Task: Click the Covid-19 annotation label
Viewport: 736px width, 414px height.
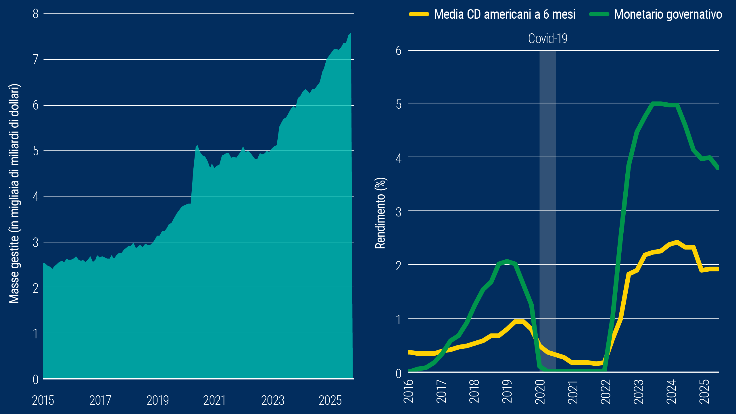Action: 547,39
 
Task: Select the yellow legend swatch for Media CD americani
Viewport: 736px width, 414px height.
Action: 419,14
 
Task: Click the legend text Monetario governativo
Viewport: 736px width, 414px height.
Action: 668,14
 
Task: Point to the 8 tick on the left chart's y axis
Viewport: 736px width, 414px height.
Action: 36,14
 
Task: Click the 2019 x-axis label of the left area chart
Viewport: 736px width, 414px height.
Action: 157,400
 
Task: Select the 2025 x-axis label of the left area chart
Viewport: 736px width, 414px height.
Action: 330,400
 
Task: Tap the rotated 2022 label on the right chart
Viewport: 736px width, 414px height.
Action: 606,392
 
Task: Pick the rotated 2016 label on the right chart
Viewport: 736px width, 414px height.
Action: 408,392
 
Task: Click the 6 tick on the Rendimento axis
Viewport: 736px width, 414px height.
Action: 398,51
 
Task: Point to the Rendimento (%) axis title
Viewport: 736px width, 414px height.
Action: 381,213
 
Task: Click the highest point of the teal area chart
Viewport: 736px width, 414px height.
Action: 350,34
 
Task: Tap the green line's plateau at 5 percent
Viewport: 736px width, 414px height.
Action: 661,104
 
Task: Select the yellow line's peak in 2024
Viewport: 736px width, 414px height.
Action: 677,242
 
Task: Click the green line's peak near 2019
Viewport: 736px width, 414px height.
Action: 507,261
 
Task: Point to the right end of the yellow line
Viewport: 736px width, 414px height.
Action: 717,269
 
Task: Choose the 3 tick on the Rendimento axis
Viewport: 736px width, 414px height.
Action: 398,212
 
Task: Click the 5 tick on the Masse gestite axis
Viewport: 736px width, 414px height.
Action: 36,151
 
